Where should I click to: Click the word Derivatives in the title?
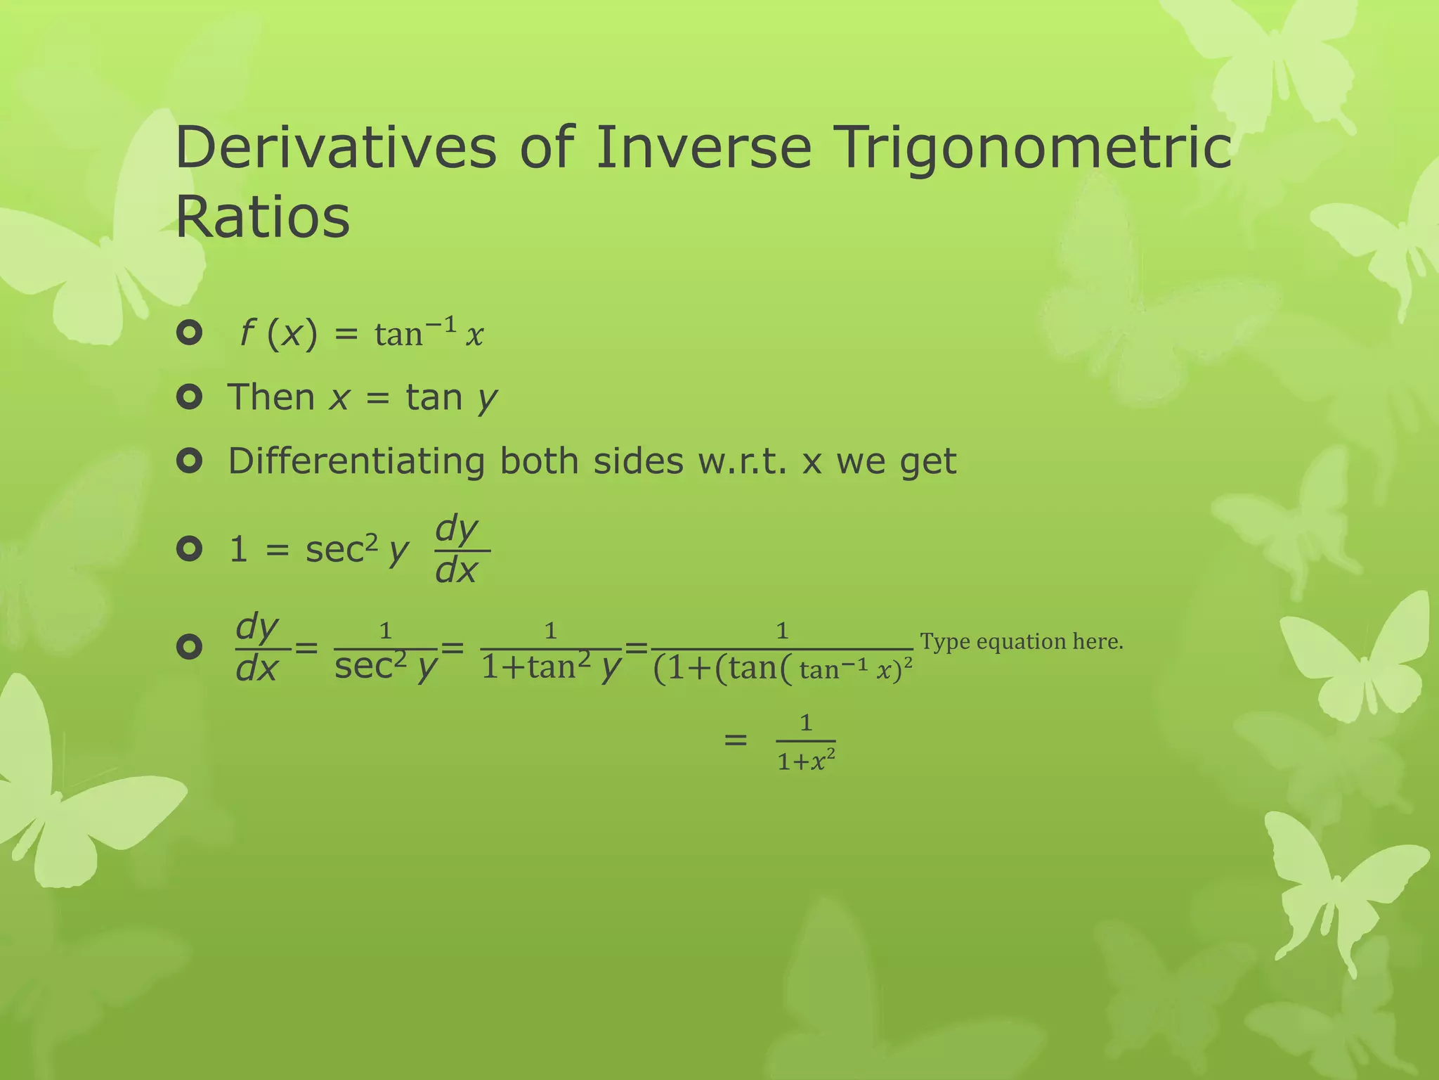pos(336,148)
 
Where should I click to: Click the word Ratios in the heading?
pos(262,217)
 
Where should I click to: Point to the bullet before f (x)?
pos(190,332)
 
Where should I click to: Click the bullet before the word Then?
pos(190,397)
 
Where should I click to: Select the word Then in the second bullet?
pos(271,397)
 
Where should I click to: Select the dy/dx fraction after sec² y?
pos(457,550)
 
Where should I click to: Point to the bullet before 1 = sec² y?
pos(190,548)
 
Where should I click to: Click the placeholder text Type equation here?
pos(1021,641)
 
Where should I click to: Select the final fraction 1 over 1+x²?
pos(806,742)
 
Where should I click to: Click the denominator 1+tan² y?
pos(551,667)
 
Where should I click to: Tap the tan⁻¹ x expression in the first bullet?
pos(429,333)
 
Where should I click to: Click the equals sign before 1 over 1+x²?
pos(735,740)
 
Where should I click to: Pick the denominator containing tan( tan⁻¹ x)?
pos(782,669)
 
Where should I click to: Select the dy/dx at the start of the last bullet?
pos(257,648)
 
